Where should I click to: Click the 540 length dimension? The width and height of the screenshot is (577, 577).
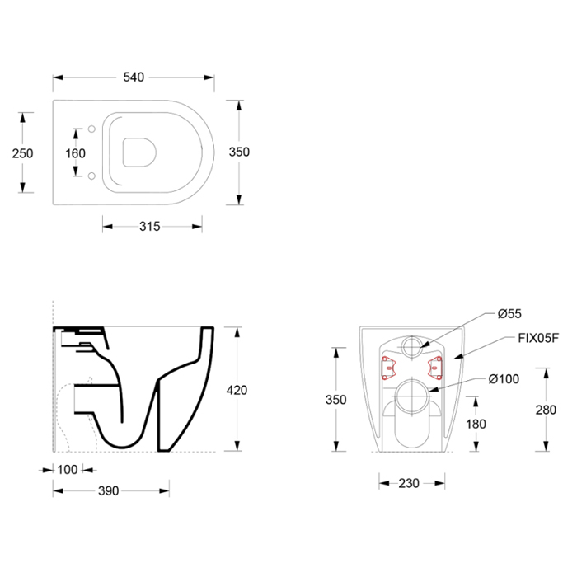(134, 77)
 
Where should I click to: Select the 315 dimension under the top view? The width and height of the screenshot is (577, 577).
(150, 227)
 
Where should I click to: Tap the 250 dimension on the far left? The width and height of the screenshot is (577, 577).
(22, 153)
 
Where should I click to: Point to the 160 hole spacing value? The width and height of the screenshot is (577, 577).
(76, 153)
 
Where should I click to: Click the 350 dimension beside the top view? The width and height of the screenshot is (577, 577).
(239, 152)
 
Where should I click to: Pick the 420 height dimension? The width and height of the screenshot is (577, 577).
(237, 390)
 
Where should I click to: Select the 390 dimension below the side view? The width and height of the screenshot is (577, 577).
(108, 490)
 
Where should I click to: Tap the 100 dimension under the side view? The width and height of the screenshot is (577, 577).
(68, 470)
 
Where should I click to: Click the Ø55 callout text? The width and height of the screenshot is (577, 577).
(509, 313)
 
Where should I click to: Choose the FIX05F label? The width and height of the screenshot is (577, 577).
(538, 338)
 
